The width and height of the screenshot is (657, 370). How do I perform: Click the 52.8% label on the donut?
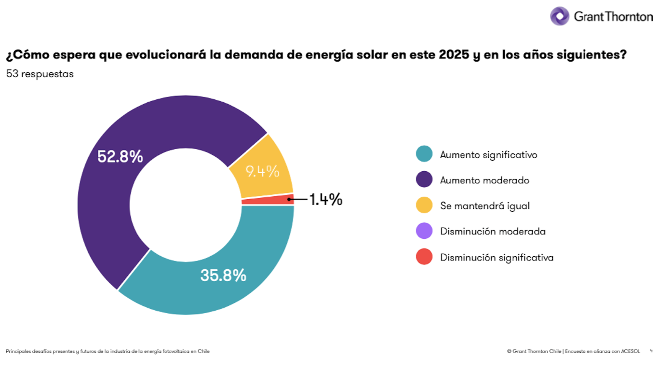(120, 157)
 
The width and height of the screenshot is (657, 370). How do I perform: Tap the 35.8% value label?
(223, 275)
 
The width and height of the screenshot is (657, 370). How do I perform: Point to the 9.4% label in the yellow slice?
(262, 171)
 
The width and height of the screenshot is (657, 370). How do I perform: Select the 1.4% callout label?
(325, 199)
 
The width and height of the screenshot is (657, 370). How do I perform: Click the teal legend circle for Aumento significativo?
(424, 154)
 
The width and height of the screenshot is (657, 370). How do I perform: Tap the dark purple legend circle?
(424, 180)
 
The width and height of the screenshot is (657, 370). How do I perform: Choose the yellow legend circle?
(424, 206)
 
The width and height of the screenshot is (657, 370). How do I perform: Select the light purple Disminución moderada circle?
(424, 231)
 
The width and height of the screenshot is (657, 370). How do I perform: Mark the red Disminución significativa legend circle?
(424, 257)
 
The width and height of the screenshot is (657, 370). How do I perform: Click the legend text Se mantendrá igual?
(484, 206)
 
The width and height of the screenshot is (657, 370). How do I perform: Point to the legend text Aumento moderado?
(484, 180)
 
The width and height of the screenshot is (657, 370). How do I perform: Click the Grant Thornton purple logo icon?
(560, 16)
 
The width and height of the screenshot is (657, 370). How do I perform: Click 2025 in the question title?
(454, 55)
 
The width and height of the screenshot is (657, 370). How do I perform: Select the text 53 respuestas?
(40, 74)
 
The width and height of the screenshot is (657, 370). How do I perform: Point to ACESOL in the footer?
(630, 351)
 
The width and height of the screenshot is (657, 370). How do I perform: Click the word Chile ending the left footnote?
(204, 351)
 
